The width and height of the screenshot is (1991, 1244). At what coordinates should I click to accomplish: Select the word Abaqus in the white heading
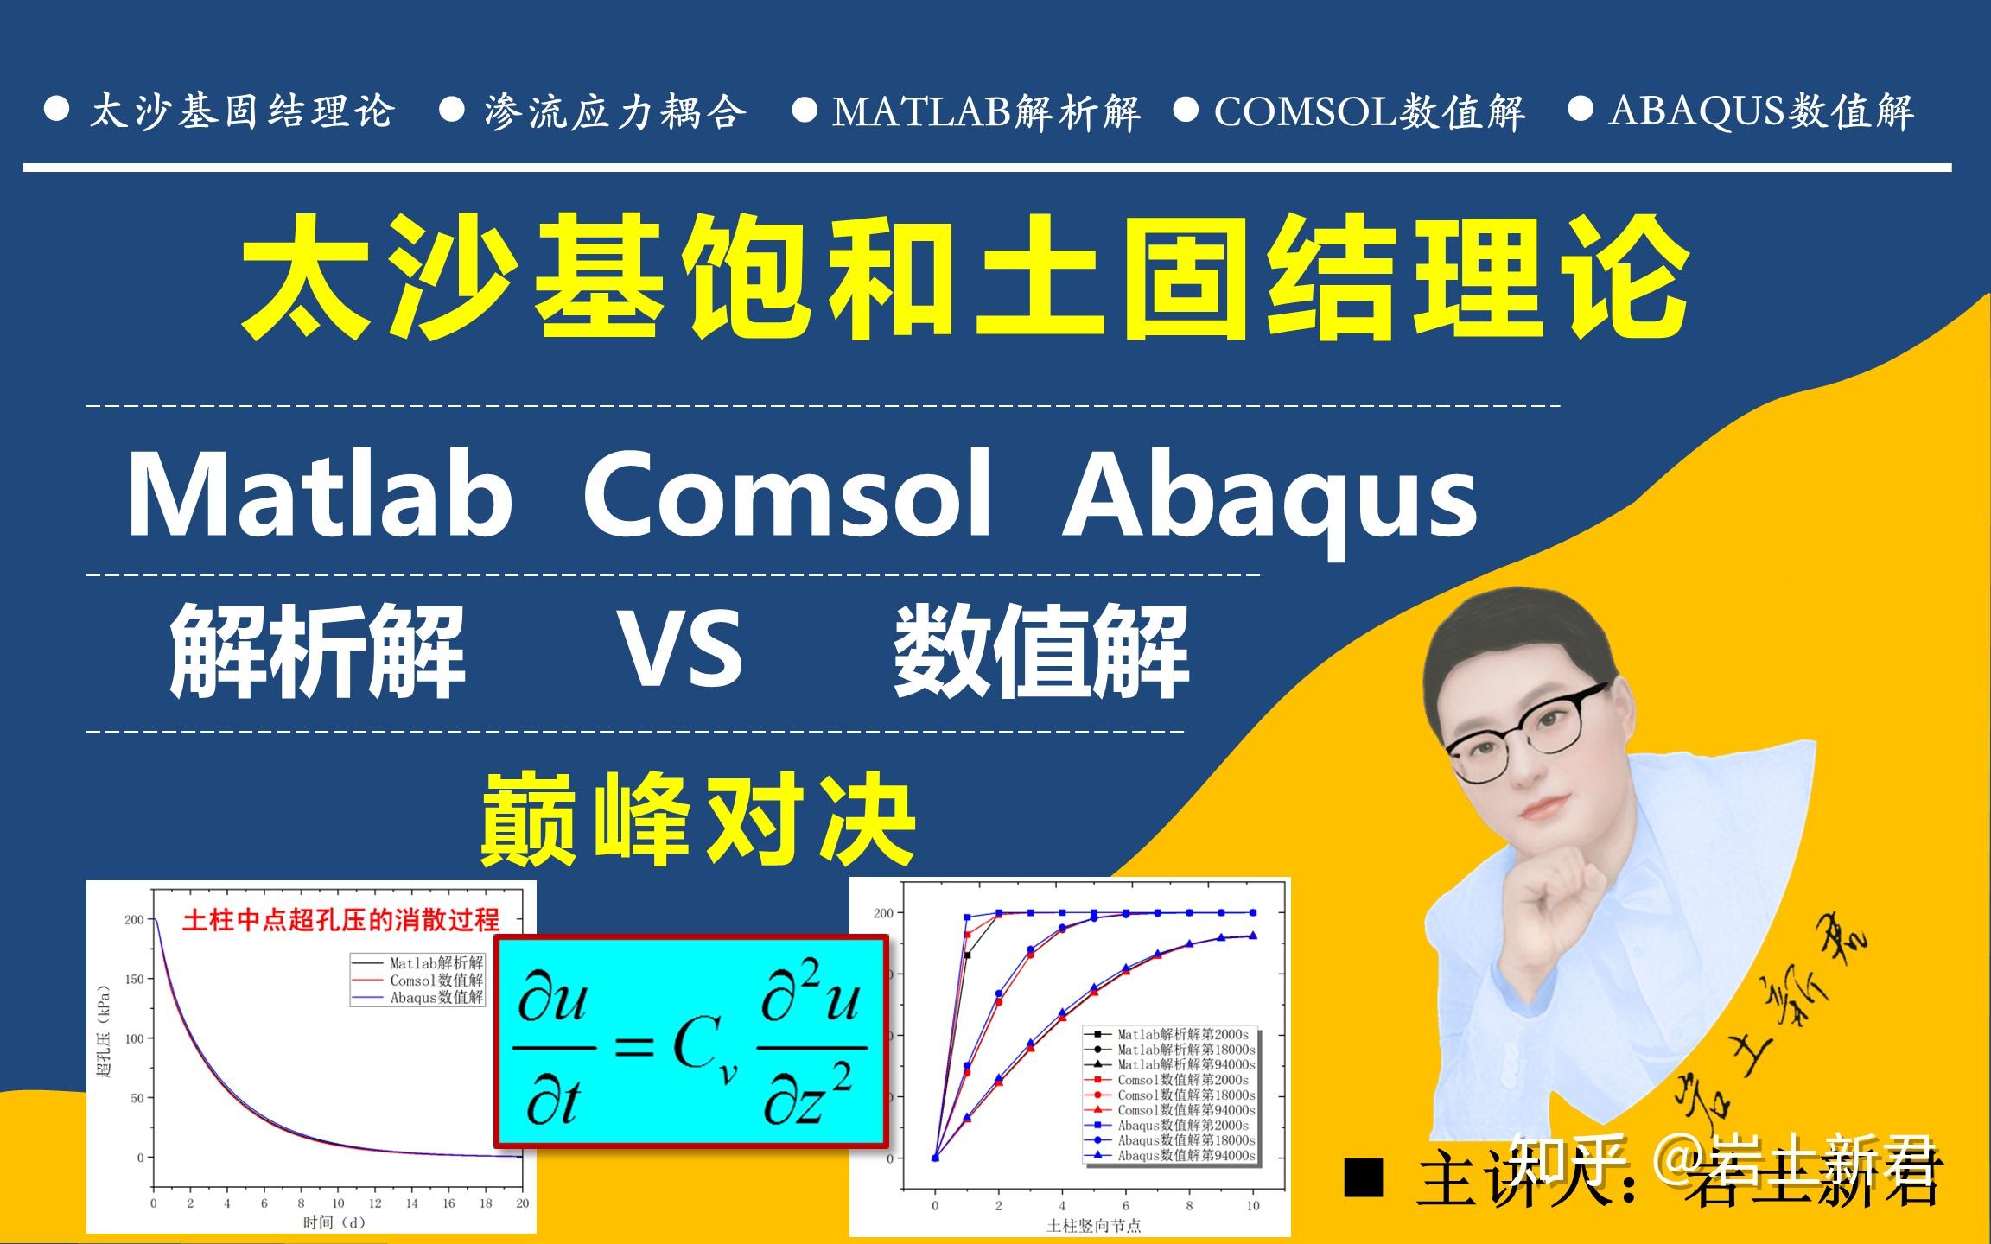[x=1270, y=501]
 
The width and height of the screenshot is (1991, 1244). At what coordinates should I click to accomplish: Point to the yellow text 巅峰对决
[x=698, y=819]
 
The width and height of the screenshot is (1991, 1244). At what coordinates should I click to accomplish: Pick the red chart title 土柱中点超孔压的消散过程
[x=340, y=921]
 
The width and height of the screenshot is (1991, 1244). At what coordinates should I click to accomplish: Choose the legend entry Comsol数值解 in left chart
[x=436, y=981]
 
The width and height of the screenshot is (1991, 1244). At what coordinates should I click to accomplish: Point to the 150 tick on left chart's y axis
[x=134, y=980]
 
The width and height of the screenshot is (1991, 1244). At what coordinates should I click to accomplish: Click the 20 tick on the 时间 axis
[x=522, y=1203]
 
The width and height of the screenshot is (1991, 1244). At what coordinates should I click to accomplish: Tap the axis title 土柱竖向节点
[x=1093, y=1225]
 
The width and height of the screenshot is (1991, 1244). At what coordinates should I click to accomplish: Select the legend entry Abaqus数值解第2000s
[x=1182, y=1125]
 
